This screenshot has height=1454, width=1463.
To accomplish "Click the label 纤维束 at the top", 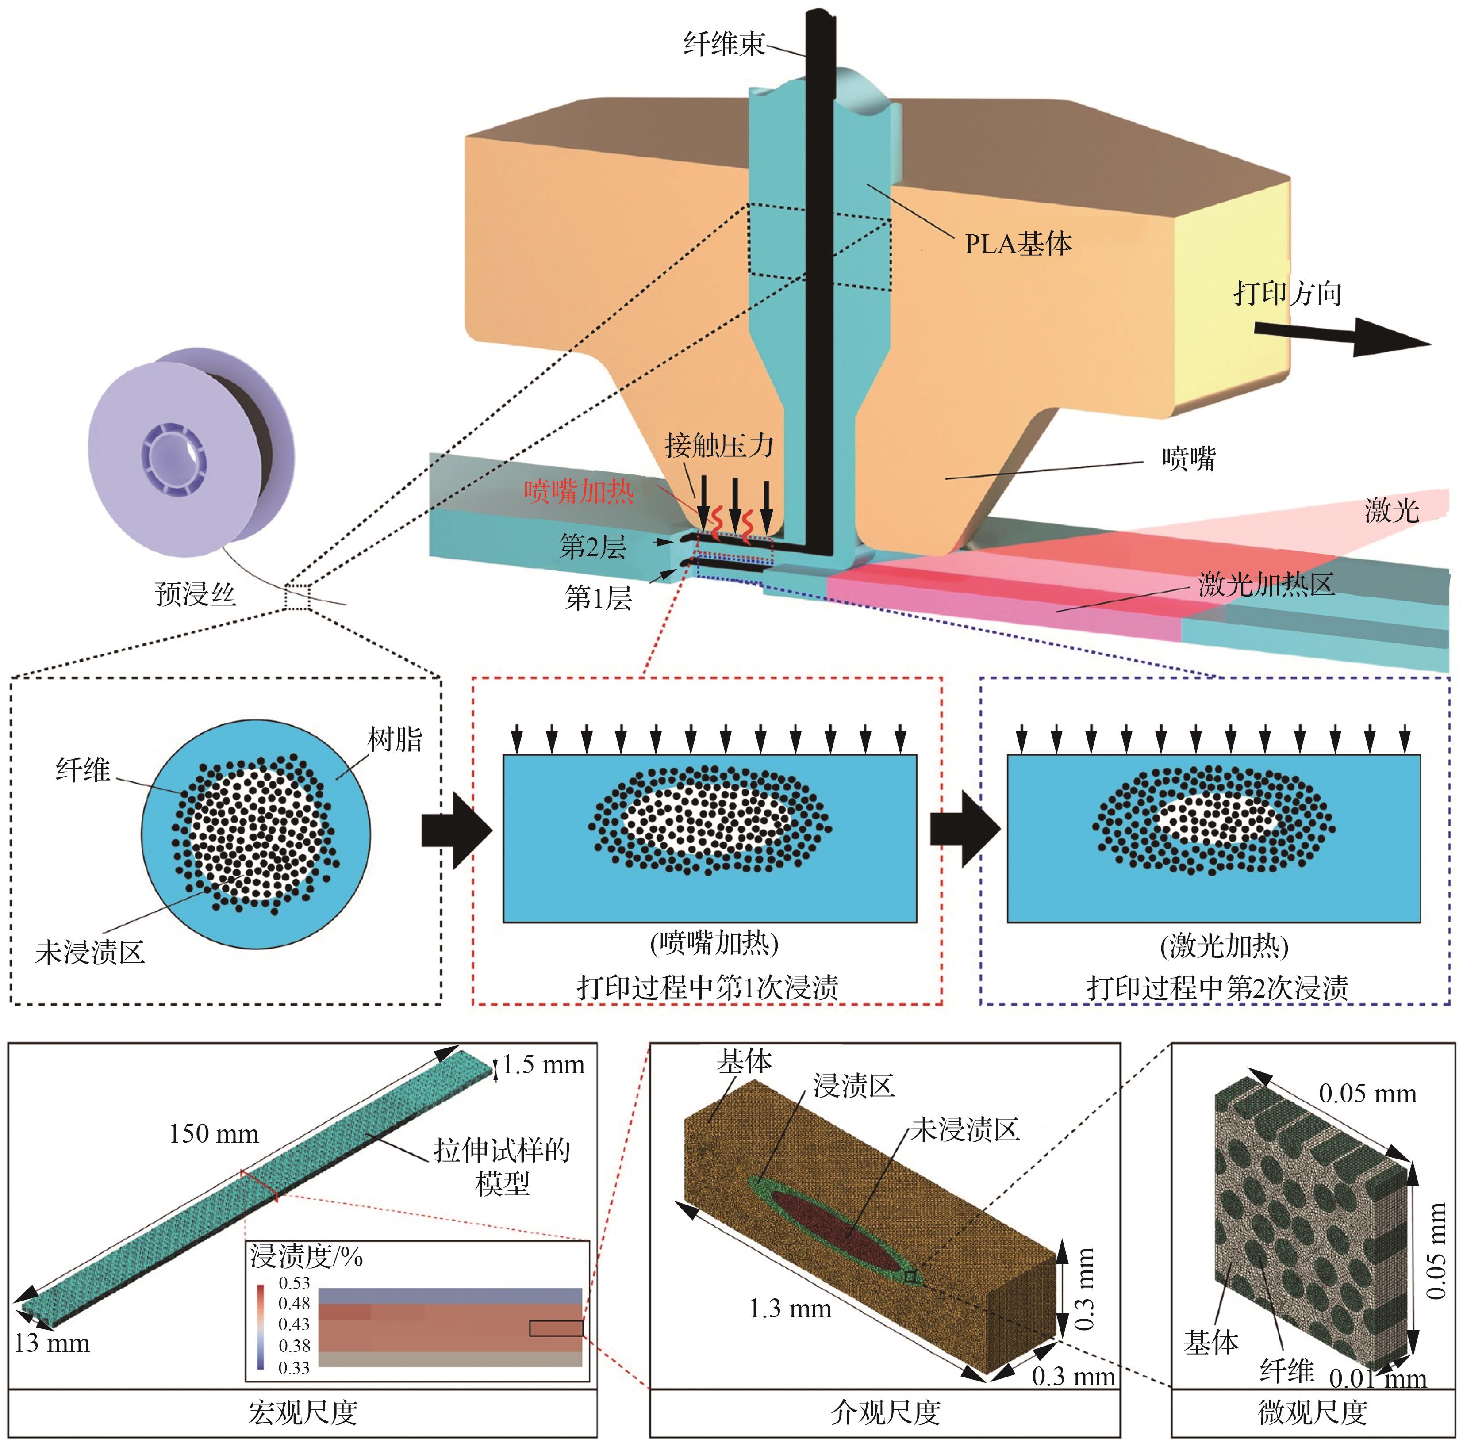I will click(x=723, y=44).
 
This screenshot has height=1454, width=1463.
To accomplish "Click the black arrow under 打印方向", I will click(x=1341, y=335).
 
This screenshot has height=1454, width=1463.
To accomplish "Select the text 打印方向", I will click(x=1287, y=293).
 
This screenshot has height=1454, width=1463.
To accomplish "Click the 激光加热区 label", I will click(x=1265, y=584).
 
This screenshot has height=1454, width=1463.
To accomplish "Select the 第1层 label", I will click(x=598, y=598).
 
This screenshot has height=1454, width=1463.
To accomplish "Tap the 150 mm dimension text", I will click(x=214, y=1133).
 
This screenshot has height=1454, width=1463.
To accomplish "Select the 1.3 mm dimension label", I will click(x=790, y=1308).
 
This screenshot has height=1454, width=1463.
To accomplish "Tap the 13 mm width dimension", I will click(x=51, y=1343).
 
